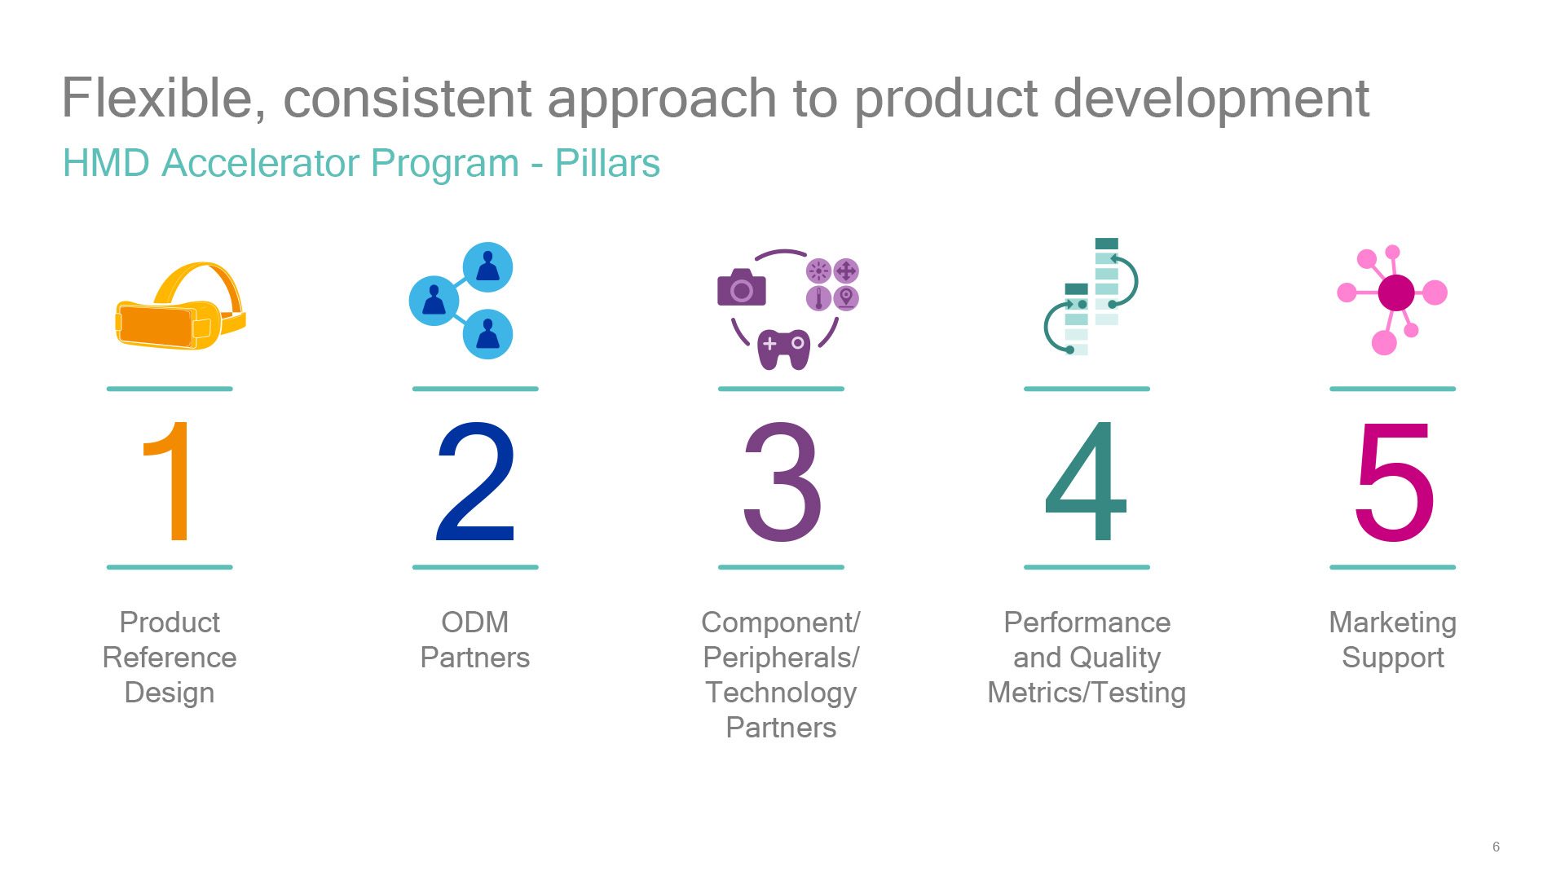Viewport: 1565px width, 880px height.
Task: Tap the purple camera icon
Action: (x=741, y=288)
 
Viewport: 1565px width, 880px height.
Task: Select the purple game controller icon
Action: (x=783, y=349)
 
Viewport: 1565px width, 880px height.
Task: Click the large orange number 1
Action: (x=168, y=480)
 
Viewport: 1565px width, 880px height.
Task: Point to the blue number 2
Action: (x=475, y=480)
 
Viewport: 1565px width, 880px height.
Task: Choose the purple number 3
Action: (x=782, y=481)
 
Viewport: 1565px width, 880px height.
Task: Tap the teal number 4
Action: (x=1086, y=480)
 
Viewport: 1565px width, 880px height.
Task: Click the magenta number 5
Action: (x=1395, y=481)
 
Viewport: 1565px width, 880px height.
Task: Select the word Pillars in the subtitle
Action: (x=607, y=163)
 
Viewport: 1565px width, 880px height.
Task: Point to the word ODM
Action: (x=475, y=623)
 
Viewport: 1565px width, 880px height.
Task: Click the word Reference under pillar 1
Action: (x=170, y=658)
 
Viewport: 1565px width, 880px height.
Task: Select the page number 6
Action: (x=1496, y=847)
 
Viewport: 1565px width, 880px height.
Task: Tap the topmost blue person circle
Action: (x=487, y=266)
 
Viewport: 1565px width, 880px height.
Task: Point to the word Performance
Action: (x=1087, y=623)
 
